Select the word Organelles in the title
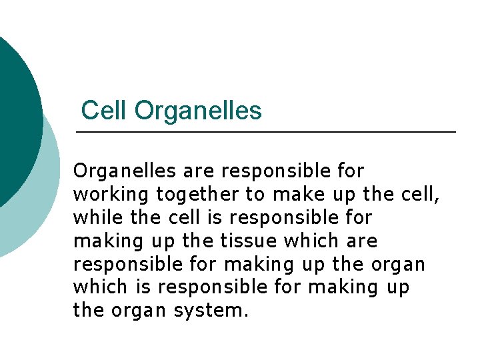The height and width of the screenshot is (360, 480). (198, 111)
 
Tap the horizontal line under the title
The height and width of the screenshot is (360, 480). (267, 133)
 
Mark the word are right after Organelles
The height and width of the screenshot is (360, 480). (199, 171)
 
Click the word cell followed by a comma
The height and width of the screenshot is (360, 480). (419, 195)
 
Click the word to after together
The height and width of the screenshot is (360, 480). (254, 195)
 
